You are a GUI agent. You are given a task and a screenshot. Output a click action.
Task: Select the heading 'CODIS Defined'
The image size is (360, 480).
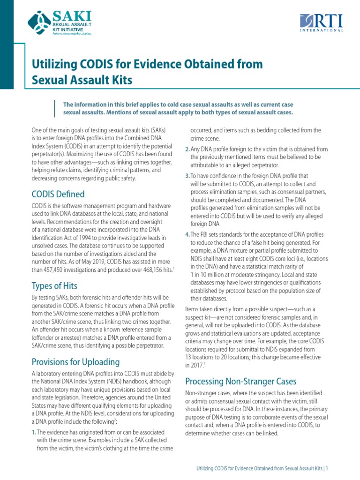tap(58, 194)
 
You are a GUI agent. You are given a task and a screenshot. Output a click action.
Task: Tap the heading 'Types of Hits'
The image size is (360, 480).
tap(54, 286)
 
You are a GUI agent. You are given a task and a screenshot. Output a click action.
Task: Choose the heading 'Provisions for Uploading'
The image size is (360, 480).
tap(75, 362)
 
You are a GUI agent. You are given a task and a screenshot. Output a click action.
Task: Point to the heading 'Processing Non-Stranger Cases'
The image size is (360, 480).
tap(241, 381)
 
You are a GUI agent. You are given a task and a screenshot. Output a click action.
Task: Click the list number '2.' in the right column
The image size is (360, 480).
tap(187, 149)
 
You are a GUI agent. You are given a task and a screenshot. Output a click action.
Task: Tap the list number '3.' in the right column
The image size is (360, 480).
tap(187, 176)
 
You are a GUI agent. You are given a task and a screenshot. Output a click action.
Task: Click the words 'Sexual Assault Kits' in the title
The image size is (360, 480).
tap(82, 80)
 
